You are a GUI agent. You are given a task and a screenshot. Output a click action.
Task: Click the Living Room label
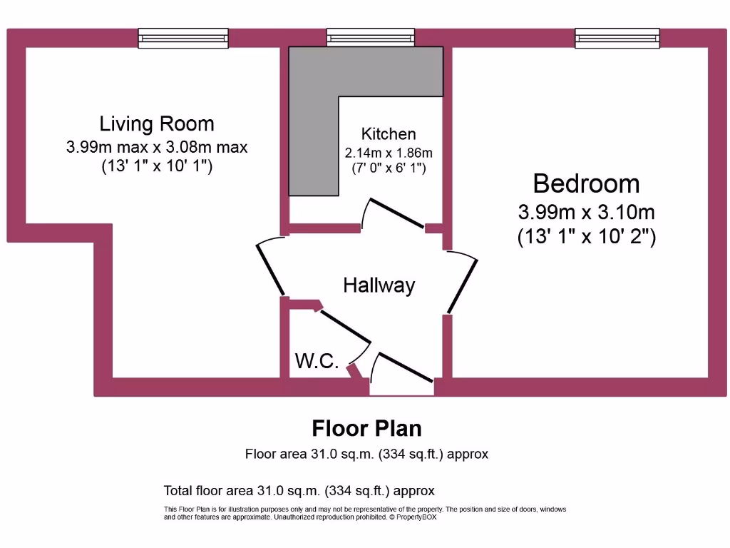157,123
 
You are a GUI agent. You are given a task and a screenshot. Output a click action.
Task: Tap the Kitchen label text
389,133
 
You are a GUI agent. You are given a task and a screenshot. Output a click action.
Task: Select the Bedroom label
586,183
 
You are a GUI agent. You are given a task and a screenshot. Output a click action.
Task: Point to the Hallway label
379,285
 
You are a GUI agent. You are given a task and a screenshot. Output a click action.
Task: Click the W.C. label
317,361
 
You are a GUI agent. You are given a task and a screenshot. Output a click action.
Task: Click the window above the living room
183,38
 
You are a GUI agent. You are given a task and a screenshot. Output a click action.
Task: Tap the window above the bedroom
619,38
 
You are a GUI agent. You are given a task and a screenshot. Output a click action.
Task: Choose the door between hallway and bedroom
463,283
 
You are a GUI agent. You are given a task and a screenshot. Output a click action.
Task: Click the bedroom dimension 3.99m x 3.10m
586,212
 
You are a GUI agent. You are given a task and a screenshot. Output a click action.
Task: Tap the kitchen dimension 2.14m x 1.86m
389,153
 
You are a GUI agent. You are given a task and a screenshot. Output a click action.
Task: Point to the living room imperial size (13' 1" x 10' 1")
157,166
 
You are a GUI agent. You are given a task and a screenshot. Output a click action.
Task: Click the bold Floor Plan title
366,428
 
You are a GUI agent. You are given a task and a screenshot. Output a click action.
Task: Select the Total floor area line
299,491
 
